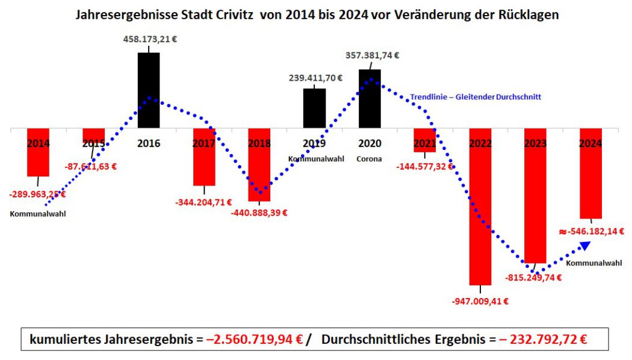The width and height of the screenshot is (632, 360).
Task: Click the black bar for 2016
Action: (x=149, y=90)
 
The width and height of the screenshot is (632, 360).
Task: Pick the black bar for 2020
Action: (x=370, y=99)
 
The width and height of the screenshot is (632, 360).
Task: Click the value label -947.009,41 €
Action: (x=480, y=302)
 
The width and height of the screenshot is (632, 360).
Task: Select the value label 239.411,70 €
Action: (x=314, y=78)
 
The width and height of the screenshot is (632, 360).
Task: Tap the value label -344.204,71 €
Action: (x=203, y=203)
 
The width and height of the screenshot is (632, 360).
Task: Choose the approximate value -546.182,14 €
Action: (x=591, y=231)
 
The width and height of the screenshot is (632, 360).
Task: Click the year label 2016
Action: (x=149, y=144)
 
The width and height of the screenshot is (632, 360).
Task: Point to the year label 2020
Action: (x=370, y=144)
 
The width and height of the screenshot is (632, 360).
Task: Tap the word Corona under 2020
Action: (x=370, y=159)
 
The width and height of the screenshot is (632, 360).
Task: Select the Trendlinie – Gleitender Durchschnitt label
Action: (x=476, y=96)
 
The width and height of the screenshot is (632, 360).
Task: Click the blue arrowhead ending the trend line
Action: (x=585, y=245)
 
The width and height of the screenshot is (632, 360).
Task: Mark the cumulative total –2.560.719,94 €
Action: (x=254, y=340)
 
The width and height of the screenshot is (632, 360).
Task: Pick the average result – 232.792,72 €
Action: (x=543, y=340)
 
